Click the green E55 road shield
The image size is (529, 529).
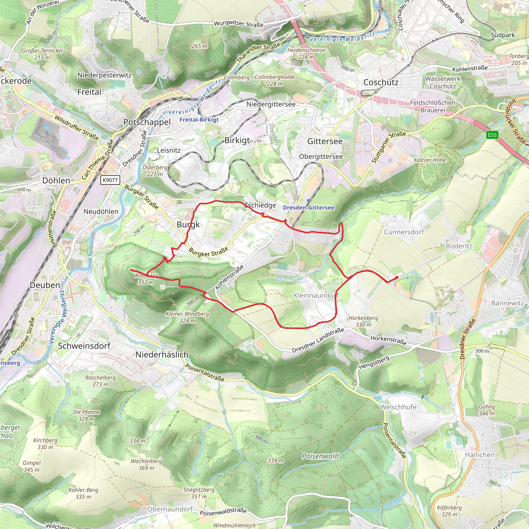(492, 135)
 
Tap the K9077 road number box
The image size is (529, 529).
(110, 180)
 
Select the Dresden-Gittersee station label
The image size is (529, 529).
(309, 208)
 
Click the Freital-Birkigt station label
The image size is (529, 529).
(199, 120)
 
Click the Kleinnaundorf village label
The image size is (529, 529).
(316, 295)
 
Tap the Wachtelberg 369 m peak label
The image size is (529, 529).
(146, 464)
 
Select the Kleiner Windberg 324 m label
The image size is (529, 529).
(187, 317)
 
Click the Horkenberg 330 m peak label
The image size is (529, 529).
(363, 321)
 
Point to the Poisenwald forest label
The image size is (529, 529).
(320, 456)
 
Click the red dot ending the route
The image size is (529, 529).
(397, 277)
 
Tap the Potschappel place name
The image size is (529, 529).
(147, 122)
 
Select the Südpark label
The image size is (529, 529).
(503, 35)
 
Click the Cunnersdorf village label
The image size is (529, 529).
(404, 232)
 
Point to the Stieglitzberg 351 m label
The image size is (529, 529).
(199, 493)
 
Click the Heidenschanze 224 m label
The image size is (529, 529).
(306, 53)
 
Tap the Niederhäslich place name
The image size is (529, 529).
(162, 355)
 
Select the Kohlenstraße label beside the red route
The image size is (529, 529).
(229, 277)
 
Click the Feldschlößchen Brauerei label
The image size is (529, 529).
(433, 106)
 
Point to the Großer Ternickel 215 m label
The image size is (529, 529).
(42, 54)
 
